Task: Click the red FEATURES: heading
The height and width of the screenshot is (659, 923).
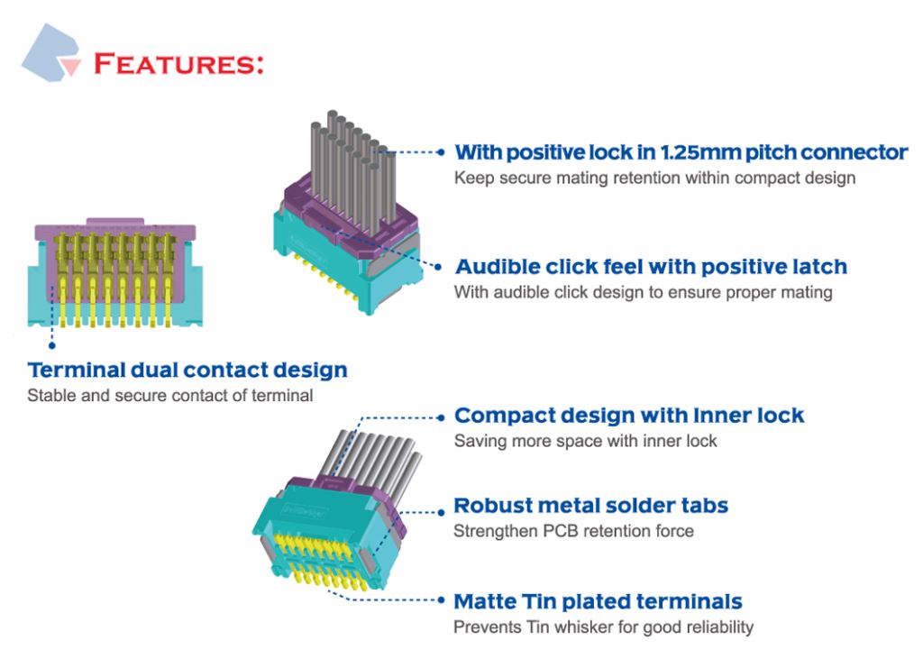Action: pos(178,64)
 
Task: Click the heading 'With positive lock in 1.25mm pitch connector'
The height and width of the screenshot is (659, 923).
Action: pos(681,152)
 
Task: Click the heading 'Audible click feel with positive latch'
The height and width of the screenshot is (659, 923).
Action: pos(651,267)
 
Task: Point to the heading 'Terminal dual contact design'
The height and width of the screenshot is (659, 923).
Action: pos(187,370)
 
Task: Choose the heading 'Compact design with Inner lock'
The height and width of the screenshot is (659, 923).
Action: pos(629,416)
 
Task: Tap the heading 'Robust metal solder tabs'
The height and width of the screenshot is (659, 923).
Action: pos(591,505)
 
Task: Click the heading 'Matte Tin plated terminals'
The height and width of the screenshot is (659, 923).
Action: pos(599,601)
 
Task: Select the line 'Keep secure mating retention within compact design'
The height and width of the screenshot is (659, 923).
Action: pos(654,178)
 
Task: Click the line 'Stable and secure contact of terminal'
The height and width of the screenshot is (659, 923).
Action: pos(170,395)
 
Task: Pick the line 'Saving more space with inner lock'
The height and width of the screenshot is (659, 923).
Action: pos(586,441)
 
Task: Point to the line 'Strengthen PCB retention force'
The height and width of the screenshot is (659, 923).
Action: pos(574,531)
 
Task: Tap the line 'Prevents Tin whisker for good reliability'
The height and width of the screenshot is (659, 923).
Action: pos(603,627)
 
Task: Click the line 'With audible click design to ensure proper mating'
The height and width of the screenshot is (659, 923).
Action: pos(644,292)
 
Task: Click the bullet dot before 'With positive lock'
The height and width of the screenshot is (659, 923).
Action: pos(441,152)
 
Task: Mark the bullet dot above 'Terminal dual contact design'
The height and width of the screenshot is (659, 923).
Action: pos(51,345)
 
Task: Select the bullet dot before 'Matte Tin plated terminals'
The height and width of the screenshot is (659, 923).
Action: pos(441,600)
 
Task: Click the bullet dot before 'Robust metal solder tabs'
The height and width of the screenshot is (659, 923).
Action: pos(441,512)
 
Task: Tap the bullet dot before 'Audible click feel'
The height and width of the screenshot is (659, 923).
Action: pos(438,267)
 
